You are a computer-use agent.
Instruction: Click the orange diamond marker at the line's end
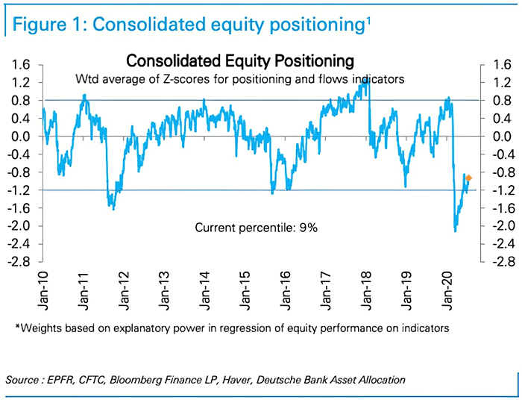[x=468, y=178]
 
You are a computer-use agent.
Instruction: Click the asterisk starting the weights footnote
[x=17, y=326]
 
